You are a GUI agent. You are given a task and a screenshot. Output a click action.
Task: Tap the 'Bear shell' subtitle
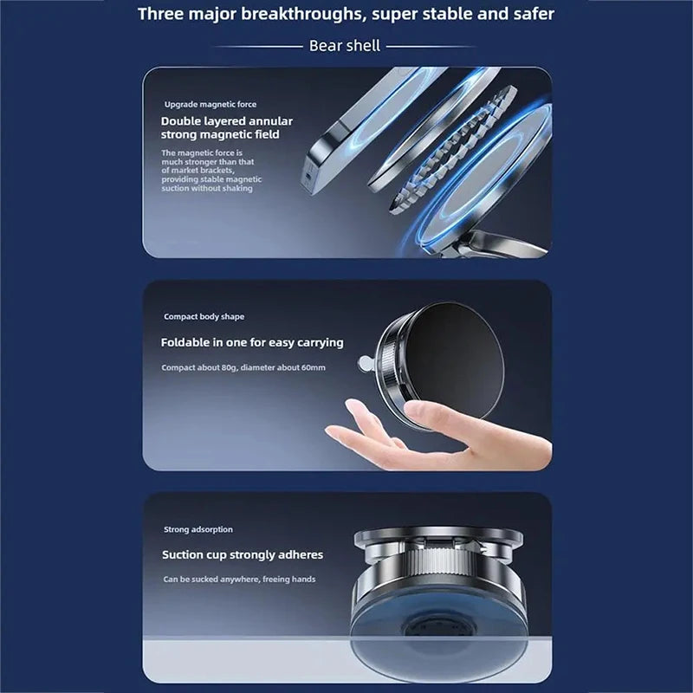(344, 46)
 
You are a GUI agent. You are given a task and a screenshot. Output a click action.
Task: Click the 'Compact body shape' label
(204, 317)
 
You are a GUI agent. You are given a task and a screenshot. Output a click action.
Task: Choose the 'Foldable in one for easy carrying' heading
(251, 342)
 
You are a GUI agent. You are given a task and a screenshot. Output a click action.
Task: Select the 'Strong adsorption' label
(198, 529)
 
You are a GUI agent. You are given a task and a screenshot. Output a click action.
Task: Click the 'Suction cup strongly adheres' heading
(242, 554)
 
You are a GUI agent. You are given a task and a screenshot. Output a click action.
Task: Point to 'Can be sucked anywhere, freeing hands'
(239, 579)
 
